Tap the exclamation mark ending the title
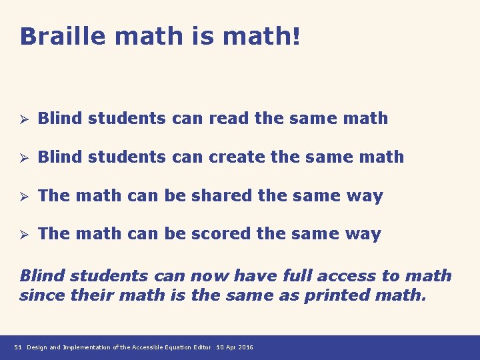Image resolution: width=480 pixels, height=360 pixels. tap(296, 36)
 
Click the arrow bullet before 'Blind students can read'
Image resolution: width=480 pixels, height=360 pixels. tap(23, 119)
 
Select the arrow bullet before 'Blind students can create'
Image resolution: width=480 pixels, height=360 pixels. tap(23, 157)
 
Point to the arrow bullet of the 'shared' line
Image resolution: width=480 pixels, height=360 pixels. tap(23, 196)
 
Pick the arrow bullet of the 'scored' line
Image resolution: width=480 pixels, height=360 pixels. tap(23, 234)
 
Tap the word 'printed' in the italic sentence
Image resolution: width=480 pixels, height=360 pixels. tap(334, 295)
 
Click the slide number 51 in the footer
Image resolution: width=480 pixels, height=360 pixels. tap(17, 347)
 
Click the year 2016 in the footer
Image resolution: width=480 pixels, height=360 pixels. tap(245, 347)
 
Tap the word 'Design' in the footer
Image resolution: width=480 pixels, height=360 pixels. tap(37, 347)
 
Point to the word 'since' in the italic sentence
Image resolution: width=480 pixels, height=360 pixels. tap(39, 295)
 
